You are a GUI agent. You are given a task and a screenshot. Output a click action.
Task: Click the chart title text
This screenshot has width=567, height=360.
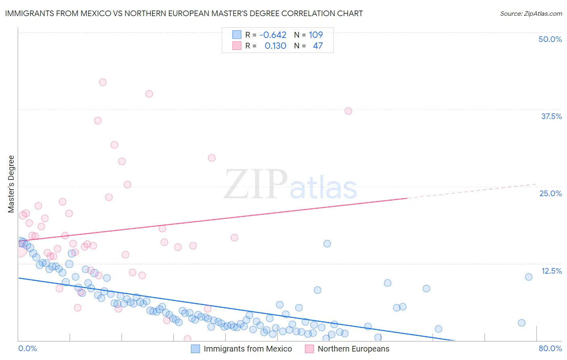click(184, 13)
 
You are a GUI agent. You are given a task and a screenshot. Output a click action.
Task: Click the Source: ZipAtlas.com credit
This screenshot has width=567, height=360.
click(531, 13)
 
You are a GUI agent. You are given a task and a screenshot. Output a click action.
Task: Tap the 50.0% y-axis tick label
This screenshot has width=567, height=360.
click(550, 39)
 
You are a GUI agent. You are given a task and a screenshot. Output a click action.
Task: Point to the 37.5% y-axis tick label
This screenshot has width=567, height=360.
click(551, 116)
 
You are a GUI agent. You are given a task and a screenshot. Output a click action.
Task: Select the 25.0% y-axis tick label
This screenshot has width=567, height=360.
click(550, 193)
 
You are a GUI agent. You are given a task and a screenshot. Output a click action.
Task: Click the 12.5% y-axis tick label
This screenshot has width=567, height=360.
click(551, 271)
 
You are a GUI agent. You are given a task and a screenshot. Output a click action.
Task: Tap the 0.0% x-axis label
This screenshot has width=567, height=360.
click(27, 348)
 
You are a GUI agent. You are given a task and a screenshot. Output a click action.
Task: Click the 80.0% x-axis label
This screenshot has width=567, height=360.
click(550, 348)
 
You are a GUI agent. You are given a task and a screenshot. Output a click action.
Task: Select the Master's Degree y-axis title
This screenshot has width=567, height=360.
click(11, 184)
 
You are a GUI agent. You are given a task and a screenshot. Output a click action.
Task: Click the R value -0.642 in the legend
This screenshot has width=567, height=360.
click(273, 35)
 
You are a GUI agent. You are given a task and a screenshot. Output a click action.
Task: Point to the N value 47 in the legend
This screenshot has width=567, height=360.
click(318, 46)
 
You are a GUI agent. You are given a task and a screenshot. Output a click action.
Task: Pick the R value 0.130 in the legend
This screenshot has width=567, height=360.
click(275, 46)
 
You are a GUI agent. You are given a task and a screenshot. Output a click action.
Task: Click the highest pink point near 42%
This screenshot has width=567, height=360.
click(103, 82)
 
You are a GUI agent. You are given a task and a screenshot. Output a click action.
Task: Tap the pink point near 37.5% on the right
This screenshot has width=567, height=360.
click(348, 111)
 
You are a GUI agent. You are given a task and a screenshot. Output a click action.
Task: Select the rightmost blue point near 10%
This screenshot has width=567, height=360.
click(529, 277)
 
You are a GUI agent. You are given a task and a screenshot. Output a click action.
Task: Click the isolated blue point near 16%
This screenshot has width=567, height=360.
click(327, 244)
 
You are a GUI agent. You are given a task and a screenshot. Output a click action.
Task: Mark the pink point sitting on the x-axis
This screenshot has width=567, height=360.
click(188, 339)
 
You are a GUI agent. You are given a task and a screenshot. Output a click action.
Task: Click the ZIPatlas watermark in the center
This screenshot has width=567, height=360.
click(290, 185)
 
